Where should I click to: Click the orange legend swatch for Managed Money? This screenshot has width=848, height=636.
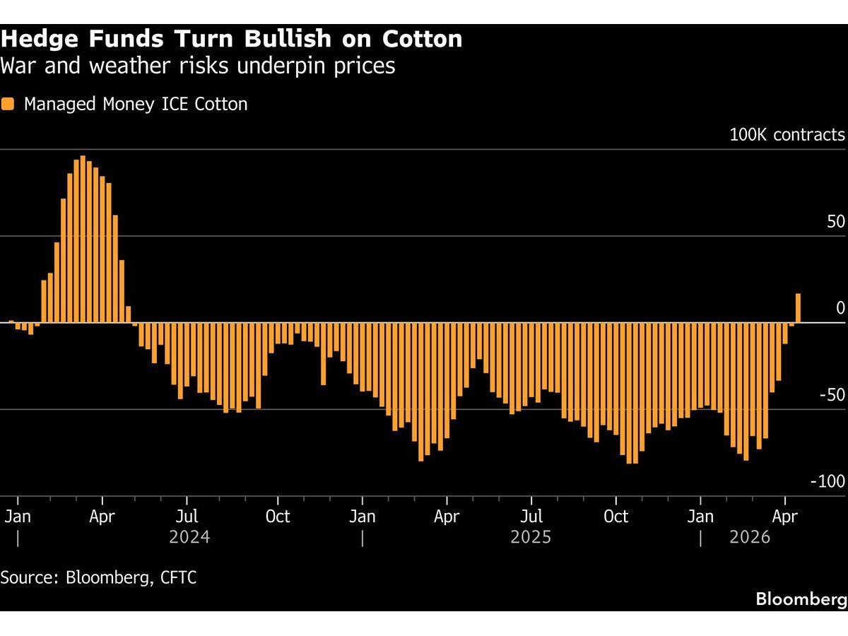[8, 104]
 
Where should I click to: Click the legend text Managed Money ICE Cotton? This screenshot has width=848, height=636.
[136, 104]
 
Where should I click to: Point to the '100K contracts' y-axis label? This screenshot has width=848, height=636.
[787, 134]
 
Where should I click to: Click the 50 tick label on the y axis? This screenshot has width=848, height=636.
[836, 222]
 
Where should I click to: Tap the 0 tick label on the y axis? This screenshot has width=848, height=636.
[840, 308]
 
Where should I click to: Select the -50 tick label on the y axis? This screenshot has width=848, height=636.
[831, 395]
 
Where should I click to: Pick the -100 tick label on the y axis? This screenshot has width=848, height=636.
[828, 482]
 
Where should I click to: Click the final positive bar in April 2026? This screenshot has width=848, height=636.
[799, 308]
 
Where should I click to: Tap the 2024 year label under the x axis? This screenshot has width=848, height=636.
[189, 538]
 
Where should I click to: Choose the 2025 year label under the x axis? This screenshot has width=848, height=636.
[530, 538]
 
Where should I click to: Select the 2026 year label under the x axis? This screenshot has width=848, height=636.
[750, 538]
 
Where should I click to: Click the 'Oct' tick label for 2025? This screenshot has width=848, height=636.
[616, 517]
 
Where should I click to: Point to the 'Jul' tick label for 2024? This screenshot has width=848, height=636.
[187, 517]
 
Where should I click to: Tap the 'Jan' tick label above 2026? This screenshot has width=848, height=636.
[700, 517]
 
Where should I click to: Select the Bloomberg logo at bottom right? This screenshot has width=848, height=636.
[801, 599]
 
